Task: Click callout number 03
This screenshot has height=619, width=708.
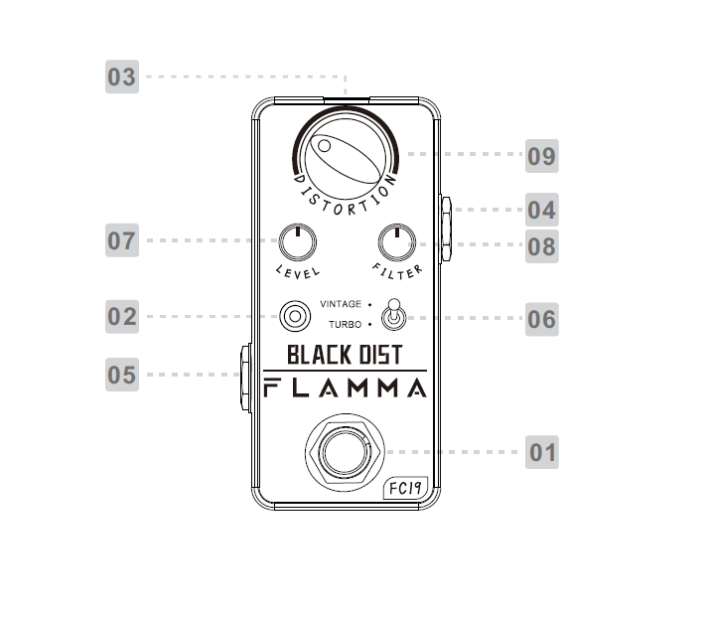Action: point(122,77)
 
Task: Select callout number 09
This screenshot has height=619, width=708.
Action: point(541,156)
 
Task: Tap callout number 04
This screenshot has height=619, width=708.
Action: point(541,210)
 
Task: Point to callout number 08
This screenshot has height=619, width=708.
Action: point(541,245)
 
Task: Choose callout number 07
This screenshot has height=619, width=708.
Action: point(122,240)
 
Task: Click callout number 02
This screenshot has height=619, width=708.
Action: point(122,317)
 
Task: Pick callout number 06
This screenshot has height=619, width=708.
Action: point(541,319)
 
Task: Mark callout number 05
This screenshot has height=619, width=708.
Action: point(122,376)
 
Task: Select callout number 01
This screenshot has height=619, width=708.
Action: point(542,453)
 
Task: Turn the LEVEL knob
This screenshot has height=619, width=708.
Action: point(295,240)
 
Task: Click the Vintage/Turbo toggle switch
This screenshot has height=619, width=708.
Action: point(394,316)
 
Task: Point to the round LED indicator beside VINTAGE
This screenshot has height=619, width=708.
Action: point(294,317)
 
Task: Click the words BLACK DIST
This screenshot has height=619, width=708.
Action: point(345,355)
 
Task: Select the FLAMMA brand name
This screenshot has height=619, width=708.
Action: point(345,387)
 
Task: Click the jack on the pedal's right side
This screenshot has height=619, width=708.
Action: point(447,227)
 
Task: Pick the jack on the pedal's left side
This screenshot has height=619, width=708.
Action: point(242,377)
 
